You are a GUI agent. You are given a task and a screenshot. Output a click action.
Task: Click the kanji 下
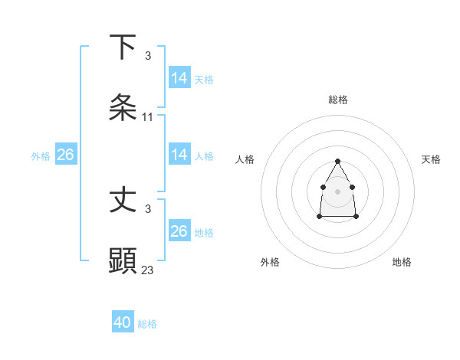point(123,47)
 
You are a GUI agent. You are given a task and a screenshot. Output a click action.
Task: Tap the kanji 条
point(123,107)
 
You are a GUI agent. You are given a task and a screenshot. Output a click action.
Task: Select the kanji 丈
point(123,201)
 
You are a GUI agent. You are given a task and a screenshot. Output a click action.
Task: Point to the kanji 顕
point(123,260)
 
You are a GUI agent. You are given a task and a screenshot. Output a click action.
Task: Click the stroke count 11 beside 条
point(148,117)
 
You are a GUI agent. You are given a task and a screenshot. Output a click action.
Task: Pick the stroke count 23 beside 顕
point(148,270)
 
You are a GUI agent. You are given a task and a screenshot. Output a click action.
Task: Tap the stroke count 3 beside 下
point(148,56)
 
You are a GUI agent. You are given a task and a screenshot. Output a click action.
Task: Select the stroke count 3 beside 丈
point(148,208)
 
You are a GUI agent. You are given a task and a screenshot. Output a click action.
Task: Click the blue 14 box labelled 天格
point(179,78)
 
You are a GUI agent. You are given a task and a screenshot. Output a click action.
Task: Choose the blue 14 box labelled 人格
point(179,155)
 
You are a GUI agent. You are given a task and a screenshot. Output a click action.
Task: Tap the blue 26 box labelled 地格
point(179,231)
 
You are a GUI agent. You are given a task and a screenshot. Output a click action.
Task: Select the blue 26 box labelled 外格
point(65,155)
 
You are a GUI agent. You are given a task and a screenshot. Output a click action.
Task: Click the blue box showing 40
point(123,322)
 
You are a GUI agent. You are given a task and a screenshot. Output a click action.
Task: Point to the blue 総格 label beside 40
point(147,324)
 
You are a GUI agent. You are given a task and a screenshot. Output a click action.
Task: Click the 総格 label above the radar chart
point(338,100)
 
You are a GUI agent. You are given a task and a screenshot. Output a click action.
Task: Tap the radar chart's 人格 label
point(245,159)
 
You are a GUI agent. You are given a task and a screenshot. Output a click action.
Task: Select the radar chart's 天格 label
point(431,159)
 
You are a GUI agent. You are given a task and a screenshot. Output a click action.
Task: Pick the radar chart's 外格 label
point(270,262)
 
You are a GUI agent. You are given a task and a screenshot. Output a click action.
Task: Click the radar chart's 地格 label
point(402,262)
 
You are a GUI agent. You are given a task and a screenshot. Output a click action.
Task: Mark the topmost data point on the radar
point(337,161)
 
